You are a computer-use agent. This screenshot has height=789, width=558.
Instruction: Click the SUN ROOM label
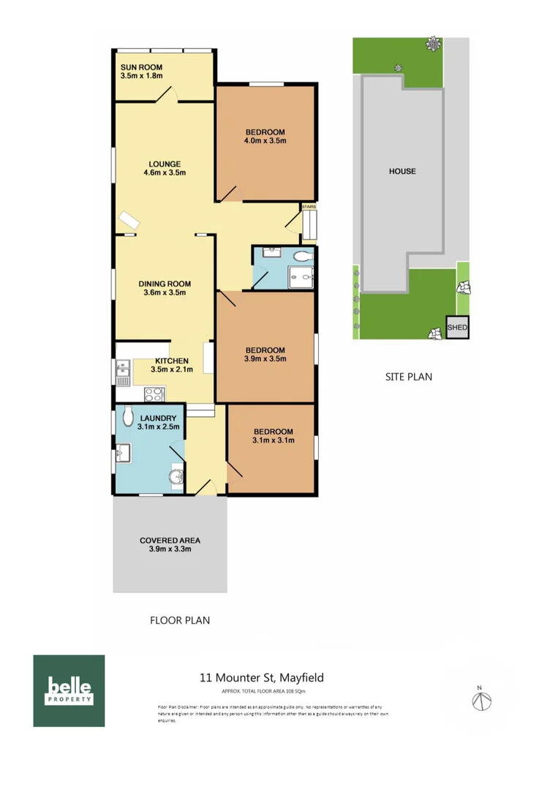[x=141, y=71]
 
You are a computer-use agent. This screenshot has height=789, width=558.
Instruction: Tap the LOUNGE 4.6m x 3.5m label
[x=165, y=168]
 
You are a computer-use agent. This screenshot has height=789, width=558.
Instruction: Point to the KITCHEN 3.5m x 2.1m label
[x=172, y=365]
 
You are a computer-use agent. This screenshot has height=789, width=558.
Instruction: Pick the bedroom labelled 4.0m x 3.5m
[x=265, y=136]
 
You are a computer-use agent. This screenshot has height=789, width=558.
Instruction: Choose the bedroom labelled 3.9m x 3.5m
[x=265, y=354]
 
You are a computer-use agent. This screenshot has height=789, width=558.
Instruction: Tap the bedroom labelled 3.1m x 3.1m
[x=273, y=436]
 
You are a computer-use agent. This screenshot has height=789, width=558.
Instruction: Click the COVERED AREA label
[x=170, y=545]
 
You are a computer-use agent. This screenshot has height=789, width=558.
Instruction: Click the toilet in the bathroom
[x=301, y=256]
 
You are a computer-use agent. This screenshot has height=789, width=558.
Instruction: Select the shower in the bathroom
[x=300, y=276]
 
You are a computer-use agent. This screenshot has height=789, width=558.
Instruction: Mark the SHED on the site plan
[x=457, y=328]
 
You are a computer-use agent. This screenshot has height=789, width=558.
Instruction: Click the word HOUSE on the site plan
[x=402, y=171]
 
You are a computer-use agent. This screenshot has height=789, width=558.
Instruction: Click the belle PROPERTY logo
[x=69, y=690]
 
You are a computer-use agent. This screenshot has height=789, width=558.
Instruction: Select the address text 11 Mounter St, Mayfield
[x=262, y=677]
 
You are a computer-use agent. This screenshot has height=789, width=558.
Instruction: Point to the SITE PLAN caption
[x=409, y=377]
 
